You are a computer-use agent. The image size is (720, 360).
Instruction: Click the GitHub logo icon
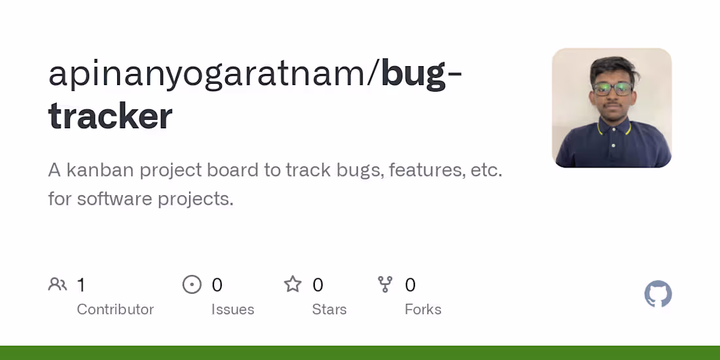point(658,295)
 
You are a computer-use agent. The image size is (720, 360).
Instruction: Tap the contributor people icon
point(58,285)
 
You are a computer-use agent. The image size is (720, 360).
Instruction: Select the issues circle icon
point(192,285)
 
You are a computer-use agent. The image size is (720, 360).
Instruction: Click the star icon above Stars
point(293,285)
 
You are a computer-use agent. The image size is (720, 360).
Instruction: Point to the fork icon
point(386,285)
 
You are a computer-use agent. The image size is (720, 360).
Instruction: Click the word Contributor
point(115,310)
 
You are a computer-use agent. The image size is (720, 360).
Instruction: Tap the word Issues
point(232,310)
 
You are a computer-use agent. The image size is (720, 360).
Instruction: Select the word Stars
point(329,310)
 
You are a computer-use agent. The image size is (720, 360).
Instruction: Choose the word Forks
point(423,310)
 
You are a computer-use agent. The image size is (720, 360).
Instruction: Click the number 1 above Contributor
point(81,285)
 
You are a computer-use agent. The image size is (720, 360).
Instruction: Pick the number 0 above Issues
point(217,285)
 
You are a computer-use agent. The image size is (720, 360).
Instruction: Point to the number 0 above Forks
point(410,285)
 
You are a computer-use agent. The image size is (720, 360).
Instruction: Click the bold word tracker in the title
point(111,117)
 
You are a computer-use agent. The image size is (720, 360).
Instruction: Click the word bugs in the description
point(359,170)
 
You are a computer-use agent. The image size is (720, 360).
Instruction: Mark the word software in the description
point(115,198)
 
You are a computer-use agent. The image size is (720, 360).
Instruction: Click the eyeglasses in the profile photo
point(613,89)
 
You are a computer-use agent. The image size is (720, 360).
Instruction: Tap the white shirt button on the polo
point(613,145)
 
